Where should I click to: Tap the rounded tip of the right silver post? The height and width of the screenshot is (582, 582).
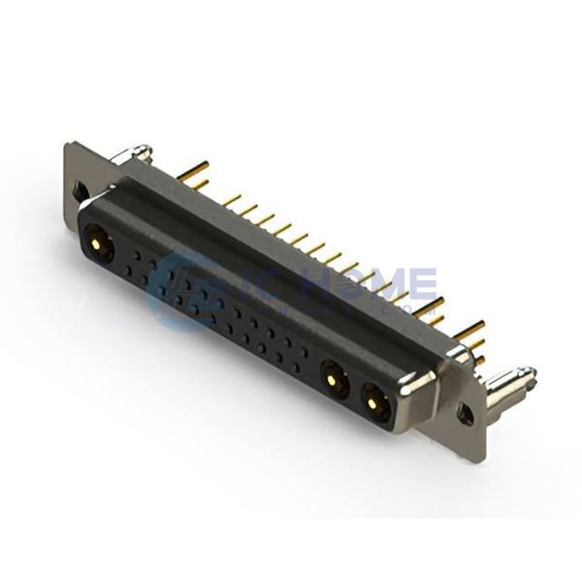(529, 372)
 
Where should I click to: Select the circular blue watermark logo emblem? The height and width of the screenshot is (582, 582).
(179, 286)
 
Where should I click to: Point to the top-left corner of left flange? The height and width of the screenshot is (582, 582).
(68, 145)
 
